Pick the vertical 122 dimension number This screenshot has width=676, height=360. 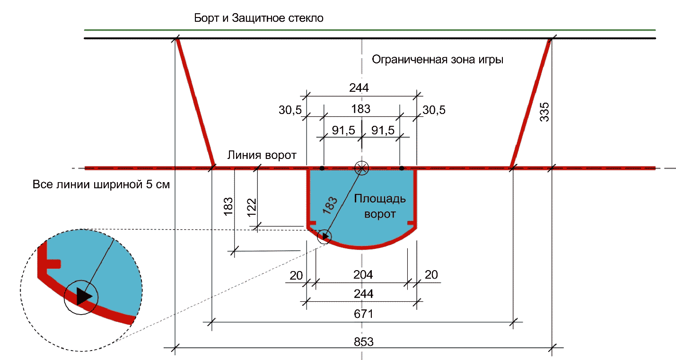click(x=251, y=207)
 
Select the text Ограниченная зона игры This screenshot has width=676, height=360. click(x=438, y=60)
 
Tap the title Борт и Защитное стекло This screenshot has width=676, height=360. click(x=259, y=18)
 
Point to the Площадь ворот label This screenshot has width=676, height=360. click(x=380, y=206)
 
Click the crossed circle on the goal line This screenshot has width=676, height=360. click(x=362, y=167)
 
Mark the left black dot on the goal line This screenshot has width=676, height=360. click(x=322, y=168)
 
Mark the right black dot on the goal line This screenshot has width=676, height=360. click(x=402, y=168)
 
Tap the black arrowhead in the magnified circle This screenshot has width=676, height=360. click(x=82, y=296)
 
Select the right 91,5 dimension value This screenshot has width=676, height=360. click(x=383, y=131)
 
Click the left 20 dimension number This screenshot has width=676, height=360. click(x=296, y=274)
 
